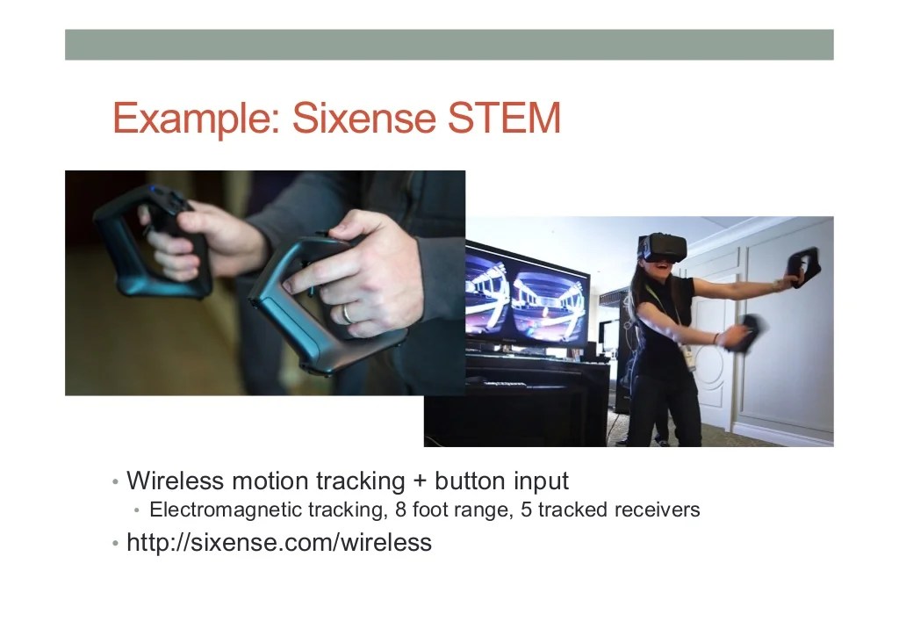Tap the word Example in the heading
(194, 118)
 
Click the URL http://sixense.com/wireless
(279, 542)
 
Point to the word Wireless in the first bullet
(176, 481)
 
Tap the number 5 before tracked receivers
(526, 510)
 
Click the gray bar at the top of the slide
(449, 44)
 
